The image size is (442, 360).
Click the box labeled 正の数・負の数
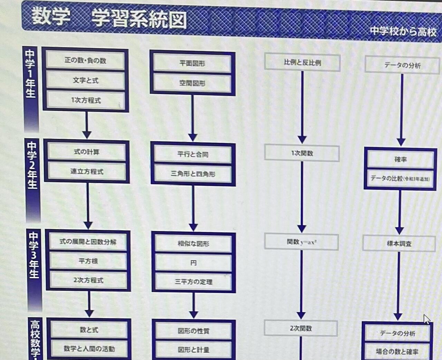(x=85, y=60)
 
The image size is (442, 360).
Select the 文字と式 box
(x=86, y=80)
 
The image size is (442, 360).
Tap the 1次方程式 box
(x=86, y=100)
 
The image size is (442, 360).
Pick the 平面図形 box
(x=192, y=63)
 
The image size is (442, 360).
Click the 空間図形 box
(x=192, y=83)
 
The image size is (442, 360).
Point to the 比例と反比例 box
(x=302, y=63)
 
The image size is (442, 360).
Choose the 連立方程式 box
(x=87, y=171)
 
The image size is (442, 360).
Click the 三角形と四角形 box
(x=193, y=174)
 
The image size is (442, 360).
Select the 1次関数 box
(x=302, y=153)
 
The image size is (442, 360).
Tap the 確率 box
(x=400, y=159)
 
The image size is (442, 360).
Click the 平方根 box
(x=88, y=261)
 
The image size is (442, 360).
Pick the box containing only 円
(x=193, y=263)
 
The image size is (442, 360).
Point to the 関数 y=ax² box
(x=301, y=242)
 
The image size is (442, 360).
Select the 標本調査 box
(x=399, y=243)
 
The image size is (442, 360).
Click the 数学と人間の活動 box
(x=89, y=349)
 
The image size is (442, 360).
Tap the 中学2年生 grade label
(x=32, y=165)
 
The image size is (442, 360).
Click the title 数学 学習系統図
(x=108, y=18)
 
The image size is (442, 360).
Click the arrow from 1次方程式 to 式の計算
(x=87, y=125)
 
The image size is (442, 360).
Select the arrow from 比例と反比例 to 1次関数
(x=302, y=107)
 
